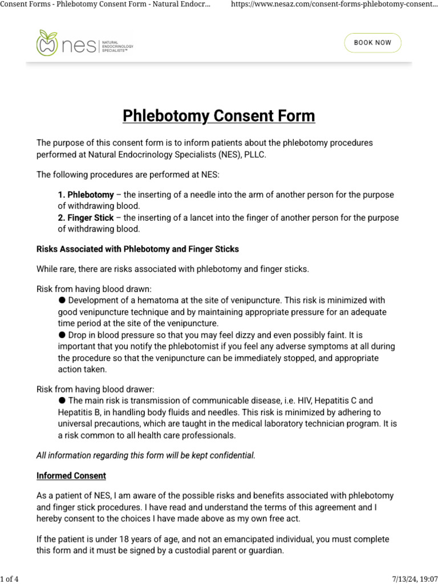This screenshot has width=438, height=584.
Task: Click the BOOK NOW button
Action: tap(372, 43)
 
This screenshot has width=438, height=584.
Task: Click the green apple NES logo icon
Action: tap(47, 43)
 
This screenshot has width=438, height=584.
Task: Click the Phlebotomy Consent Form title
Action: tap(219, 116)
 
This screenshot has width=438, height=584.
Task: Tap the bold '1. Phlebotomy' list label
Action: tap(86, 195)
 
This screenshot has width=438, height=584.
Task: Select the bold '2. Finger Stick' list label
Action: tap(86, 218)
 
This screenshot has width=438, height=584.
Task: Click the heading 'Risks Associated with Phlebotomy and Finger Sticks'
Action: tap(137, 249)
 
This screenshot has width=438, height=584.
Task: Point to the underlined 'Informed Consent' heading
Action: tap(71, 476)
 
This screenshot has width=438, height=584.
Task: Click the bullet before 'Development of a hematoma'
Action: tap(62, 300)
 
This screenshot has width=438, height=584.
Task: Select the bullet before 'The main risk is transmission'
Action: tap(62, 401)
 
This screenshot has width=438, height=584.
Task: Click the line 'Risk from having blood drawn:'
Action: tap(94, 289)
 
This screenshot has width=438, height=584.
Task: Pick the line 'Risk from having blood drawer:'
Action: tap(95, 390)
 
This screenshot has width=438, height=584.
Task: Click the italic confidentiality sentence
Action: tap(146, 455)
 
